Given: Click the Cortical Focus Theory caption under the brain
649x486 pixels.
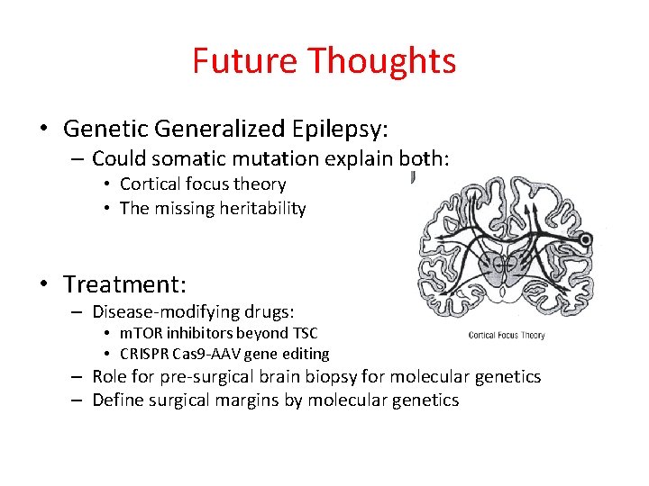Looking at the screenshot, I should pyautogui.click(x=507, y=336).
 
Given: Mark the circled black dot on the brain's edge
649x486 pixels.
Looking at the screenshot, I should pyautogui.click(x=586, y=240).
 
